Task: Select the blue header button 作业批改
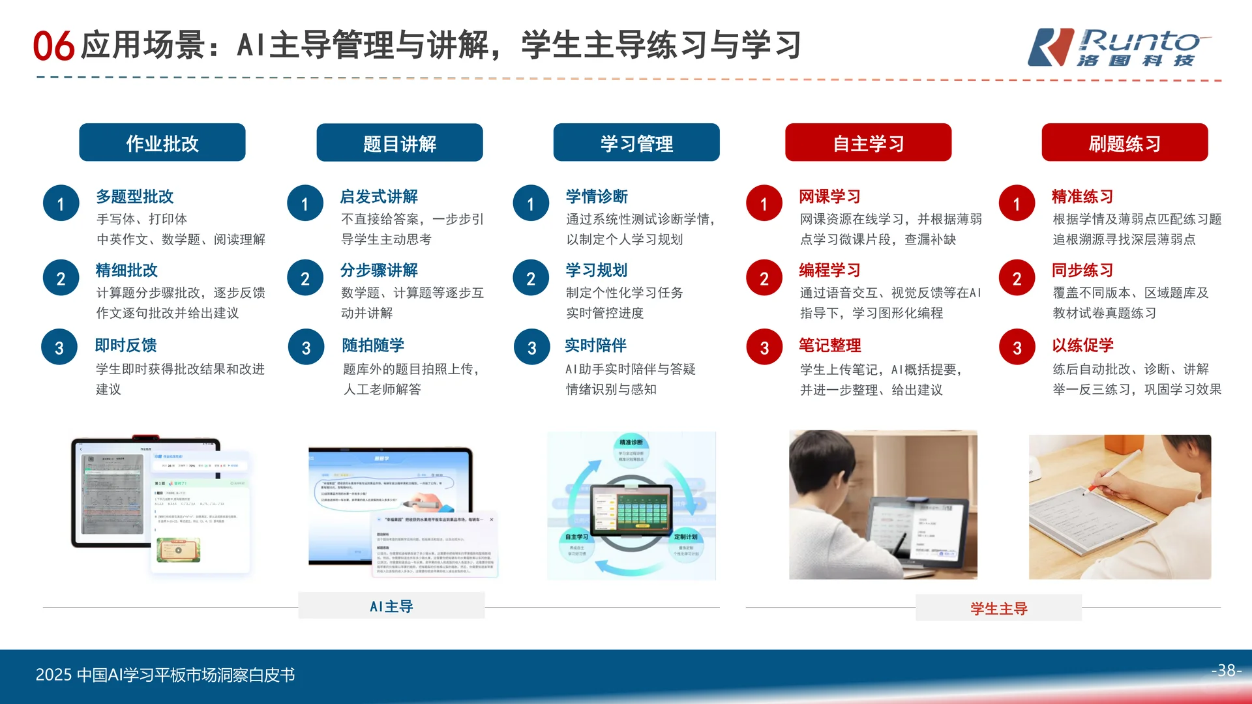(x=162, y=143)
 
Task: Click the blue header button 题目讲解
(x=400, y=143)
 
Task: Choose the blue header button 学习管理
(x=636, y=143)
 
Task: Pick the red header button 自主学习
(x=868, y=143)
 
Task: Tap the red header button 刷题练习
(x=1124, y=143)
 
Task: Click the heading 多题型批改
(x=135, y=196)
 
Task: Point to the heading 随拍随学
(x=373, y=345)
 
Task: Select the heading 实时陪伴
(x=595, y=345)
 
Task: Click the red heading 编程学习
(x=829, y=270)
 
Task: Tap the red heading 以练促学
(x=1082, y=345)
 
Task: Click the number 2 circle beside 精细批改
(x=61, y=278)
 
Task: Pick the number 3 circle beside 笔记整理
(x=764, y=347)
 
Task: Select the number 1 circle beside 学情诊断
(x=531, y=204)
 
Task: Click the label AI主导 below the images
(x=391, y=606)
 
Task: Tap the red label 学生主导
(x=998, y=608)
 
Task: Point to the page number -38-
(x=1226, y=670)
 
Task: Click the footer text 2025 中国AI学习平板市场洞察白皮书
(x=165, y=675)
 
